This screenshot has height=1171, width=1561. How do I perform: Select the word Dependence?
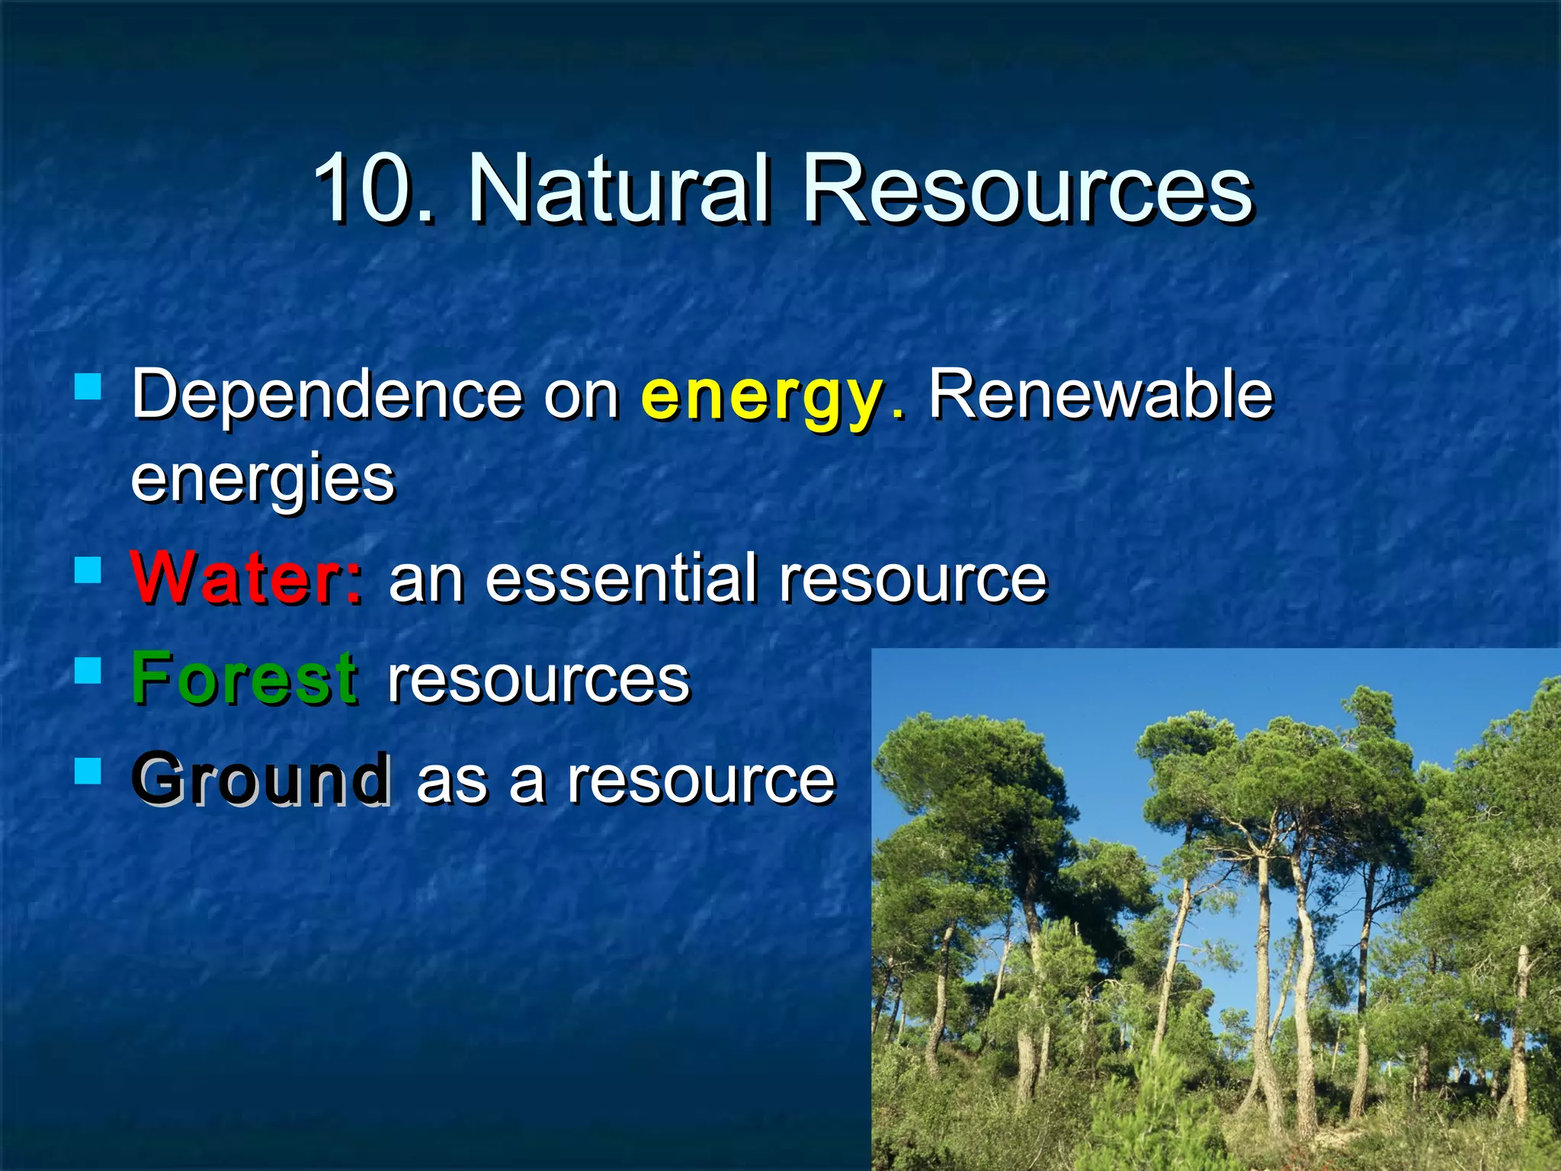[x=327, y=395]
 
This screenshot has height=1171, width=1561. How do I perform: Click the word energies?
[x=263, y=480]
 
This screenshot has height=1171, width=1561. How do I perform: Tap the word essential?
[x=621, y=578]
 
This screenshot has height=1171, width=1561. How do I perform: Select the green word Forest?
[x=244, y=678]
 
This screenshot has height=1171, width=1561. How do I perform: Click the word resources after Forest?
[x=538, y=679]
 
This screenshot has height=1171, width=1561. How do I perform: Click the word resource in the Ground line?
[x=701, y=780]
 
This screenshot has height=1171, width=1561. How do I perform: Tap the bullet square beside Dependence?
[x=88, y=387]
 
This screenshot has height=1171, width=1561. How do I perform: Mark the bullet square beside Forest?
[x=88, y=670]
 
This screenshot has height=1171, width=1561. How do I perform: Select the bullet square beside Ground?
[x=88, y=771]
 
